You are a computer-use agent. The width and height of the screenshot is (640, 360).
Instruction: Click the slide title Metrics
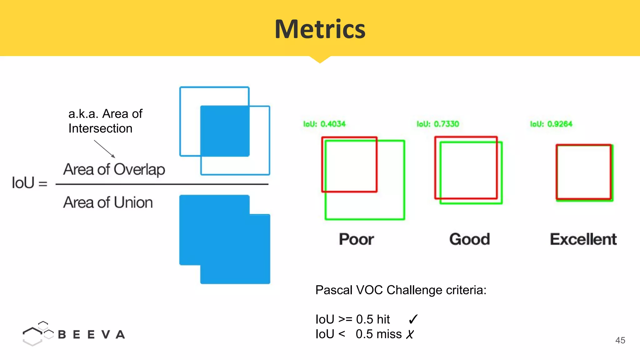click(320, 29)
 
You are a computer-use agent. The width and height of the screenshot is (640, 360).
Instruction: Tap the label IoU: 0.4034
click(324, 124)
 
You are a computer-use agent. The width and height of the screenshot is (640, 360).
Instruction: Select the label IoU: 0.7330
click(438, 124)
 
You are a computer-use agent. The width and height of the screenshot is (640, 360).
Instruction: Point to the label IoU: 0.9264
click(551, 124)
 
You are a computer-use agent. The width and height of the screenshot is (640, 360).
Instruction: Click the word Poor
click(356, 239)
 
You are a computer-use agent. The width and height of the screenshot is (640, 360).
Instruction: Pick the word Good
click(470, 239)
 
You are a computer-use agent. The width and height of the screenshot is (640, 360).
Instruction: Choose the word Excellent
click(583, 239)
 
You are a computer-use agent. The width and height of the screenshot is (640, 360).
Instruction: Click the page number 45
click(620, 340)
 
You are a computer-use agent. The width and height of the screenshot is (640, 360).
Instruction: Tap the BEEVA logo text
click(92, 335)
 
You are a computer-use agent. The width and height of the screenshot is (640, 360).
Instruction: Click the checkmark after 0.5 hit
click(413, 319)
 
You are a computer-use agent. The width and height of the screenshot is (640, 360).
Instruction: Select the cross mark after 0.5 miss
click(410, 334)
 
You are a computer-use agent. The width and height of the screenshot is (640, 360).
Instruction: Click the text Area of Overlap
click(114, 170)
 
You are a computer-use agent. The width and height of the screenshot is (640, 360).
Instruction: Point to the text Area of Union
click(108, 202)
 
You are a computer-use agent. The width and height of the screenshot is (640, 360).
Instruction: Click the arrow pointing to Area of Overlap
click(105, 149)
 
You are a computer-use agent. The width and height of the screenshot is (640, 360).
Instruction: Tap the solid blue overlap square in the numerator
click(225, 131)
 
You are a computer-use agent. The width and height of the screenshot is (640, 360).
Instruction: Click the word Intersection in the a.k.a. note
click(100, 128)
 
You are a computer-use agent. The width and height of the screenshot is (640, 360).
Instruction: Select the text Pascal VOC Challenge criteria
click(401, 290)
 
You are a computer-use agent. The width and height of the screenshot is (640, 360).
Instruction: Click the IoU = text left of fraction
click(29, 183)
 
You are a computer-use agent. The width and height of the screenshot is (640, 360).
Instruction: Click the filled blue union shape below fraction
click(225, 239)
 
